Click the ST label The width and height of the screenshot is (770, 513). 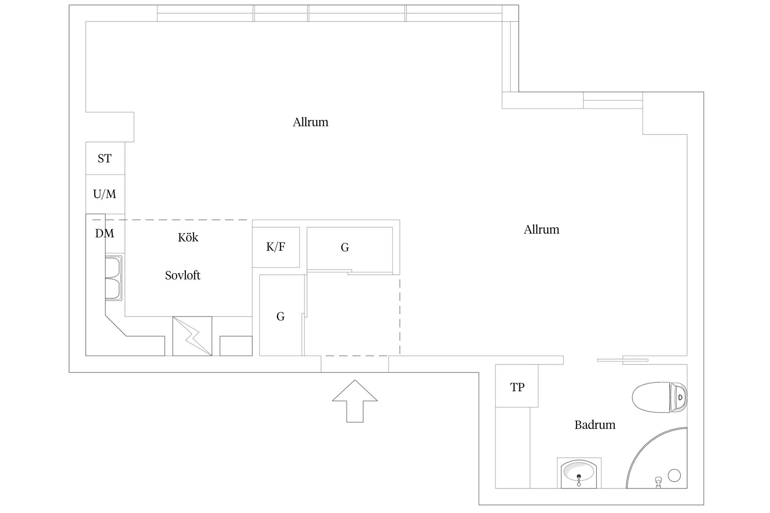coord(104,159)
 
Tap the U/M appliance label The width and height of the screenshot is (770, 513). coord(105,194)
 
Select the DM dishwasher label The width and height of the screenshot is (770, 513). coord(105,233)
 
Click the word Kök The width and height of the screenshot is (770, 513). coord(188,237)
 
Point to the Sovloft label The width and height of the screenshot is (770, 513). coord(182,275)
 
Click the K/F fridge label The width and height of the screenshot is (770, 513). coord(276,247)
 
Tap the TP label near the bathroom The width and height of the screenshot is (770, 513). coord(517,387)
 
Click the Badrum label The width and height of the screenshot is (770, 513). coord(595,425)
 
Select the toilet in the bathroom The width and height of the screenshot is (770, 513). coord(659,397)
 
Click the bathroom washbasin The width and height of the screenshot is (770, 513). coord(579,473)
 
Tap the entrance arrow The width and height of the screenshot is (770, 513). coord(355,401)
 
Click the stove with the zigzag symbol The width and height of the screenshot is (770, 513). coord(192,336)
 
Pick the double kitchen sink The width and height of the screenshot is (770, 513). coord(113,278)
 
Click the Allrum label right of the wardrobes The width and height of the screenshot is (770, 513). coord(541,230)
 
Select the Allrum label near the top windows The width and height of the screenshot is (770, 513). coord(310,122)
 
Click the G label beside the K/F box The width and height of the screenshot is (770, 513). coord(345,248)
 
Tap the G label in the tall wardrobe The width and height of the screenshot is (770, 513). coord(280,317)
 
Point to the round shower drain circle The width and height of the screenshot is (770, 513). coord(675,475)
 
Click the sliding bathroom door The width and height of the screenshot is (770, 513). coord(622,360)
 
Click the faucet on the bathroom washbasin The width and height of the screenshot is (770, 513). coord(579,480)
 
